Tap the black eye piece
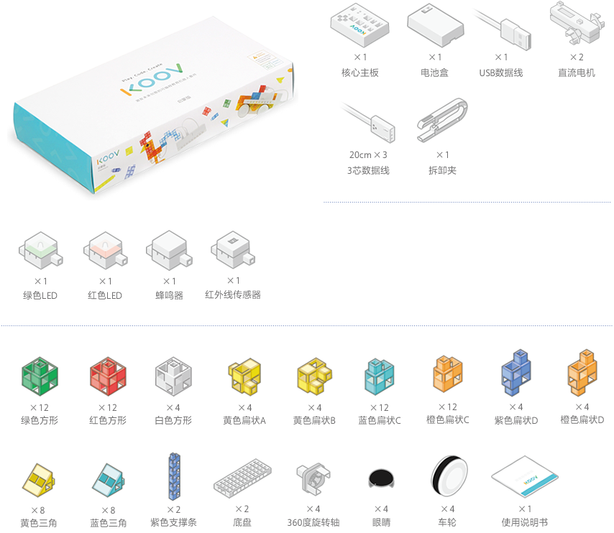tap(380, 478)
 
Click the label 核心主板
tap(360, 73)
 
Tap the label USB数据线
tap(501, 73)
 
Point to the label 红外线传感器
tap(233, 295)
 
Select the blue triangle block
tap(108, 482)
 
